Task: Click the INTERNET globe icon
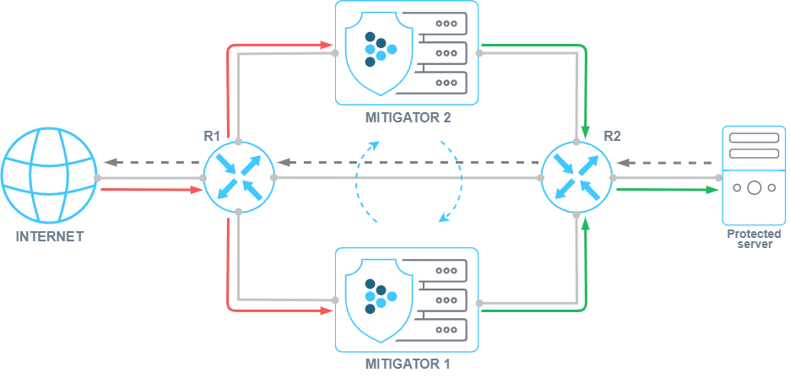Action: click(49, 176)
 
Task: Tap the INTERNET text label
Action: click(50, 237)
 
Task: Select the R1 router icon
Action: click(239, 177)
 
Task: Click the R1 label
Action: click(212, 135)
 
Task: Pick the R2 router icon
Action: click(577, 177)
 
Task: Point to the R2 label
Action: click(612, 135)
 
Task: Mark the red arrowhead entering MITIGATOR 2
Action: click(325, 44)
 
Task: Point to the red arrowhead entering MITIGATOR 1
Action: click(325, 310)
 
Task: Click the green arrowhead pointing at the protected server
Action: click(709, 190)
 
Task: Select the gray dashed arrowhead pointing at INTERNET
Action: click(108, 161)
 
